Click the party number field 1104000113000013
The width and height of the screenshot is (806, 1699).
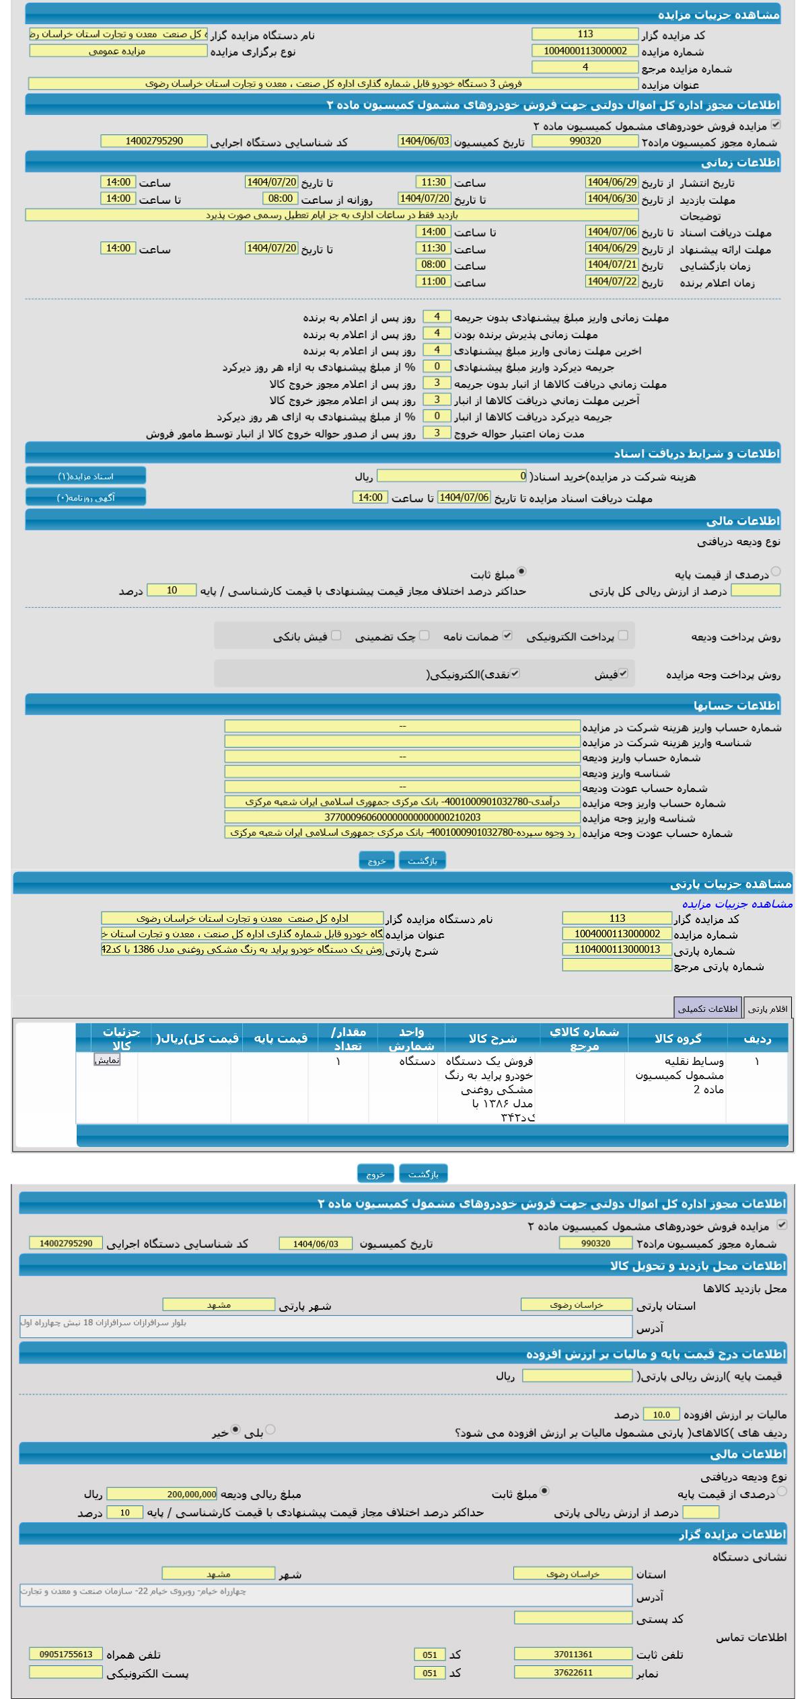pyautogui.click(x=617, y=949)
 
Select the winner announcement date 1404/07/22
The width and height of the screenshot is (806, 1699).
pyautogui.click(x=611, y=282)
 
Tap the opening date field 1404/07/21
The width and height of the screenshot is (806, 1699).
pyautogui.click(x=611, y=265)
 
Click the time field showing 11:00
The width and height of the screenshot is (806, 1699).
pyautogui.click(x=433, y=282)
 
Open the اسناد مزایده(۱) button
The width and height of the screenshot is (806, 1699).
pyautogui.click(x=85, y=476)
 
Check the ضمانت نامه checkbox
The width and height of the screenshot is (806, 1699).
pyautogui.click(x=507, y=635)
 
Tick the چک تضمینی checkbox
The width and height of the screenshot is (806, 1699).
pyautogui.click(x=424, y=635)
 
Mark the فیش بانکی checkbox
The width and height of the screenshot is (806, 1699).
pyautogui.click(x=336, y=635)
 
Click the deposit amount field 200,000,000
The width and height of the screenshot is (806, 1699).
pyautogui.click(x=161, y=1494)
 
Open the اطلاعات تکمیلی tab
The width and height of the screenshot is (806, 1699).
pyautogui.click(x=708, y=1009)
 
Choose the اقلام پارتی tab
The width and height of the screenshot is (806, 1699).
pyautogui.click(x=768, y=1009)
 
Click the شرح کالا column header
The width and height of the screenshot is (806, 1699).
pyautogui.click(x=492, y=1038)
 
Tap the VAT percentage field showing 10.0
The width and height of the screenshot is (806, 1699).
pyautogui.click(x=661, y=1414)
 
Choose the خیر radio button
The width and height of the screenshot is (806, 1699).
pyautogui.click(x=235, y=1429)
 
